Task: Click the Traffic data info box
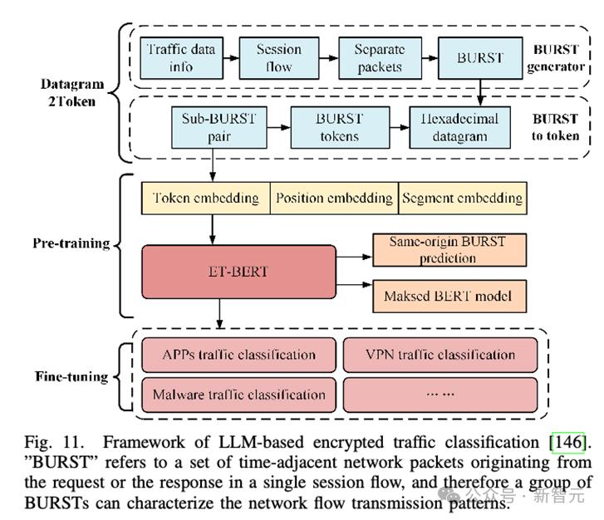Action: coord(181,58)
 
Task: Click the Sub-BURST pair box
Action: coord(219,127)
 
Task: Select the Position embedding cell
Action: coord(334,198)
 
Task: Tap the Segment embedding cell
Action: coord(462,198)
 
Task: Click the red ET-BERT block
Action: coord(238,271)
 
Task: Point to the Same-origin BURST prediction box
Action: coord(448,250)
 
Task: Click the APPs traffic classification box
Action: coord(239,355)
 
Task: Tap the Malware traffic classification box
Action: coord(239,395)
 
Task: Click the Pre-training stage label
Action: coord(71,244)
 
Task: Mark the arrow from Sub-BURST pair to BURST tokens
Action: coord(278,127)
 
